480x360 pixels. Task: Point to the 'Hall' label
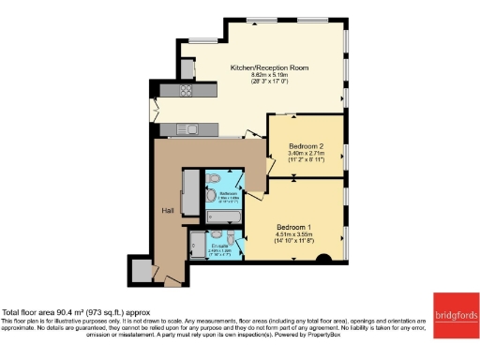pyautogui.click(x=168, y=210)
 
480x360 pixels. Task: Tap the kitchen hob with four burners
pyautogui.click(x=185, y=91)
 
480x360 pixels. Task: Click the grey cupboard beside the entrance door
pyautogui.click(x=142, y=269)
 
